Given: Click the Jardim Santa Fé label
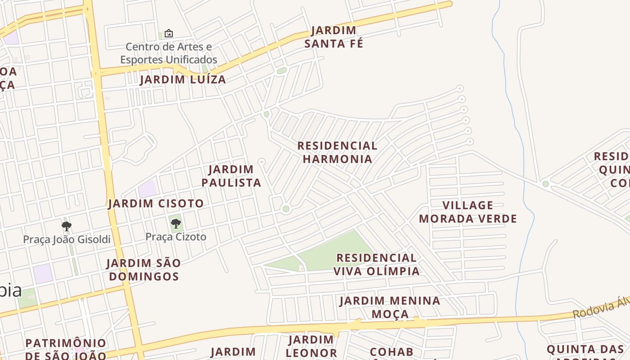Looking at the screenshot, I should tap(333, 37).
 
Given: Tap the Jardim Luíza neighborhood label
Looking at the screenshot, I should tap(183, 80).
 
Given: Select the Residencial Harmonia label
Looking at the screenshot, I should tap(337, 152).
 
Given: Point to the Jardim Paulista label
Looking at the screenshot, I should tap(231, 176).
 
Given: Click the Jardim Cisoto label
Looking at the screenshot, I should tap(156, 203).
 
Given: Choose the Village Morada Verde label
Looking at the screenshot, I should tap(468, 212).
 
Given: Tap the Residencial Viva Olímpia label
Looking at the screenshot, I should tap(377, 264).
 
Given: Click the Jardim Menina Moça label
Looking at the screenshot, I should tap(390, 307).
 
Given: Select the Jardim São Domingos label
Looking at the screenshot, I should tap(144, 270).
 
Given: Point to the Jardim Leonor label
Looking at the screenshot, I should tap(311, 346).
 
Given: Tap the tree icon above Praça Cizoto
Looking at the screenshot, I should tap(176, 223).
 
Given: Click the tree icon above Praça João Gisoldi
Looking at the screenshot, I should tap(67, 226).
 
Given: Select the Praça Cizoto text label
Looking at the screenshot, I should tap(176, 237).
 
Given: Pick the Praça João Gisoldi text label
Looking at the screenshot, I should tap(67, 239).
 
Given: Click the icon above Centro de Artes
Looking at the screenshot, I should tap(169, 33).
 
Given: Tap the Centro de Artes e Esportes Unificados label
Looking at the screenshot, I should tap(169, 53).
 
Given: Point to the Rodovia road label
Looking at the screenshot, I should tap(601, 308).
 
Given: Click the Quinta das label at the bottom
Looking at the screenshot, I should tap(585, 350).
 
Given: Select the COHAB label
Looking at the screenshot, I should tap(391, 352).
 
